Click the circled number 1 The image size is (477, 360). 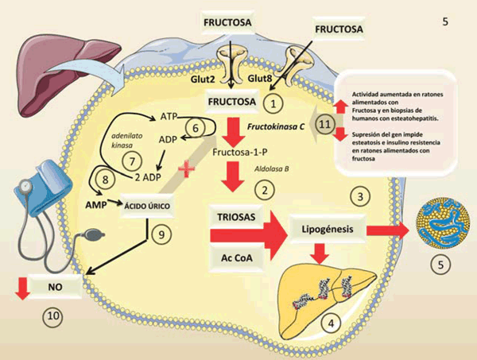(273, 103)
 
